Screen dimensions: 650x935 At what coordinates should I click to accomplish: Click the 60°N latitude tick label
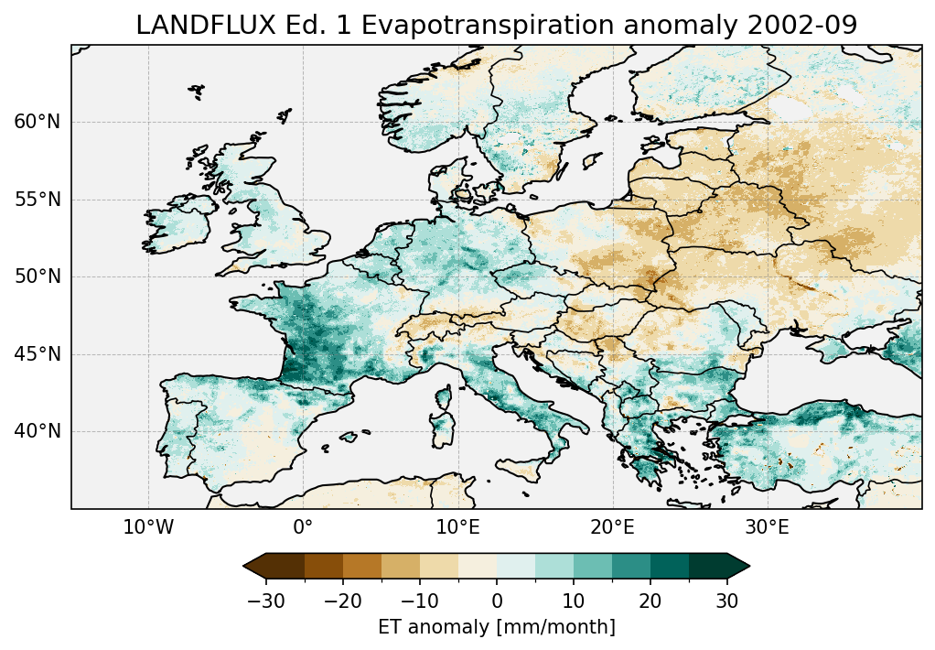[x=37, y=123]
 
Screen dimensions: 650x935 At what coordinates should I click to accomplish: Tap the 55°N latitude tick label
[x=37, y=200]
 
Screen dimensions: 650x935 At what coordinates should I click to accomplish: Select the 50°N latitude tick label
[x=37, y=277]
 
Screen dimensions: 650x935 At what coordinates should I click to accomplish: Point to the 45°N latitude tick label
[x=37, y=354]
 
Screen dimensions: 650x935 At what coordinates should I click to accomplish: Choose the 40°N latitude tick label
[x=37, y=431]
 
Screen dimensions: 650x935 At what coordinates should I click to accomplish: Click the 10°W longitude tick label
[x=148, y=528]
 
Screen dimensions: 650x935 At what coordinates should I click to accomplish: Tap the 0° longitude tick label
[x=303, y=528]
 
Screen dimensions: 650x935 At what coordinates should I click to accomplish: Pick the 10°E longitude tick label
[x=457, y=528]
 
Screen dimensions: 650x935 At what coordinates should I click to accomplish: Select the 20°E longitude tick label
[x=612, y=528]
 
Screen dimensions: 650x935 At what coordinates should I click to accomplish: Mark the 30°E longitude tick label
[x=767, y=528]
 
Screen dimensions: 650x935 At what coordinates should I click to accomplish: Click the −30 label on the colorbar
[x=265, y=601]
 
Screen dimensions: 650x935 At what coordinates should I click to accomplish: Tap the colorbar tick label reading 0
[x=497, y=601]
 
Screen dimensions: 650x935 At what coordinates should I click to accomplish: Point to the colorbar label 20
[x=650, y=601]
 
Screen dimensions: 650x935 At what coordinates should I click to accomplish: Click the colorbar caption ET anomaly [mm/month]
[x=497, y=627]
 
